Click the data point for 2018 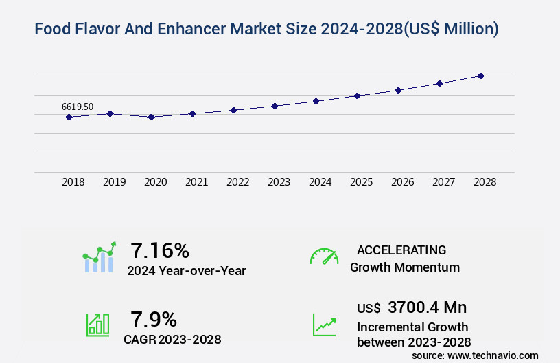[x=69, y=117]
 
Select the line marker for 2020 [x=151, y=117]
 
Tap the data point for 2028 [x=480, y=76]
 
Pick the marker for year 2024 [x=316, y=101]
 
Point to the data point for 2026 [x=398, y=90]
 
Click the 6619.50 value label [x=78, y=107]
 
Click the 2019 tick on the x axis [x=115, y=182]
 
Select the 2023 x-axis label [x=279, y=182]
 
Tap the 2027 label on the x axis [x=444, y=182]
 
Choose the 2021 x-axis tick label [x=197, y=182]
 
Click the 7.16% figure [x=160, y=250]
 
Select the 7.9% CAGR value [x=154, y=319]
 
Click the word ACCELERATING [x=401, y=250]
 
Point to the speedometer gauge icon [x=324, y=256]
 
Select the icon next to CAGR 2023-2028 [x=97, y=324]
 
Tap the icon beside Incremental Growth [x=324, y=324]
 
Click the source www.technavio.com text [x=475, y=355]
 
